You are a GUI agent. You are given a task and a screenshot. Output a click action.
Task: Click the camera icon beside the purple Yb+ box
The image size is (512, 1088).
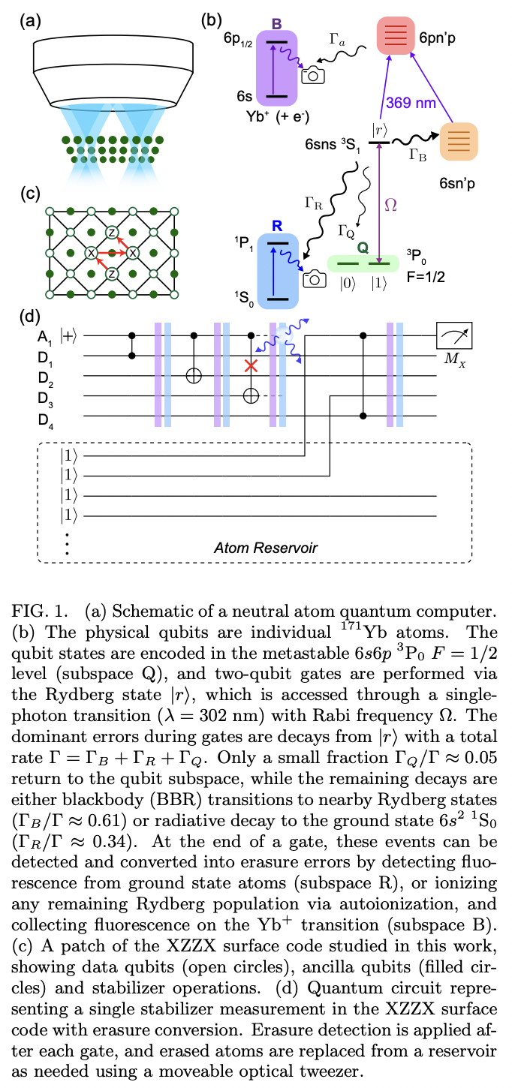point(312,74)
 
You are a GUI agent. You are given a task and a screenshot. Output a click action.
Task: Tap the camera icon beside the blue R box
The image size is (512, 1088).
point(314,278)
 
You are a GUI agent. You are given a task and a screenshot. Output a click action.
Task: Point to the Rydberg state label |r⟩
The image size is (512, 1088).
point(379,128)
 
